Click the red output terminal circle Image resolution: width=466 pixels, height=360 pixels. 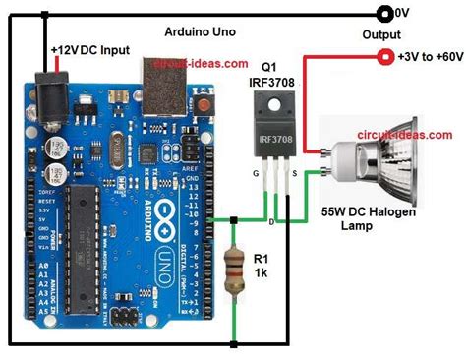coord(383,56)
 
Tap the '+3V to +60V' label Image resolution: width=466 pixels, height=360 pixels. coord(429,56)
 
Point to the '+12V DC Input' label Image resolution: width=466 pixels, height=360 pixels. coord(89,49)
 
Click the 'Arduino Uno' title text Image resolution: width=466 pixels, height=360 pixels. coord(201,32)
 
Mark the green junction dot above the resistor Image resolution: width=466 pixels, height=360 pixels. coord(234,218)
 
